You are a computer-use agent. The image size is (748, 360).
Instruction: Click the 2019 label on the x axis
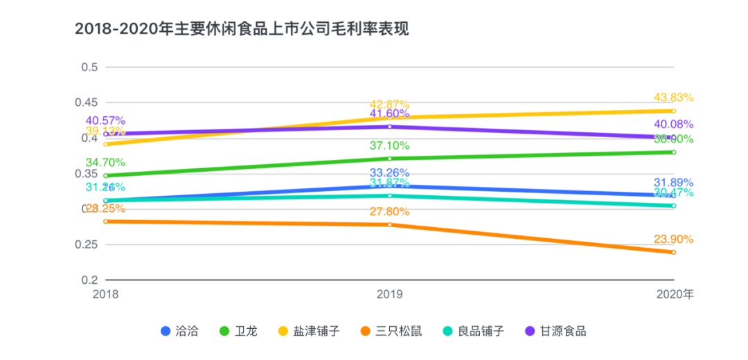click(x=389, y=294)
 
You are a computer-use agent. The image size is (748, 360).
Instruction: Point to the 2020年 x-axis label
click(x=674, y=294)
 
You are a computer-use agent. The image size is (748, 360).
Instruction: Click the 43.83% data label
click(x=673, y=98)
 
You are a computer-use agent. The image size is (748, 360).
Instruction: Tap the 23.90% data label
click(x=673, y=239)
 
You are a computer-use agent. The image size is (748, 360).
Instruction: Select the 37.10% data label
click(x=389, y=146)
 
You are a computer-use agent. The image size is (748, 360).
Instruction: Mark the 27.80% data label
click(x=389, y=212)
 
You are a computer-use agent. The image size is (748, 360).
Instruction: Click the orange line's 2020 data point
click(x=673, y=252)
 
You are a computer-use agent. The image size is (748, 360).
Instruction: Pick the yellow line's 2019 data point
click(x=389, y=118)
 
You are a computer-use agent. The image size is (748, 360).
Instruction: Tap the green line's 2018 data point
click(x=105, y=176)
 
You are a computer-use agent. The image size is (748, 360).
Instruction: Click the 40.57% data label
click(x=105, y=120)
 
